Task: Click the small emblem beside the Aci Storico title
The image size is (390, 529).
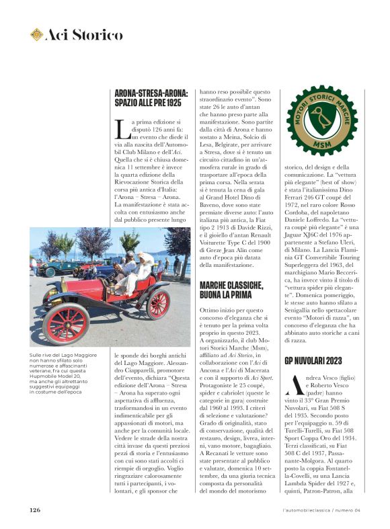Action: pyautogui.click(x=36, y=34)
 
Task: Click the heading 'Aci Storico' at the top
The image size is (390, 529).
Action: pyautogui.click(x=83, y=35)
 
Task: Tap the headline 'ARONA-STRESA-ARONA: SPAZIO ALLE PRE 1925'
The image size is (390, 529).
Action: pyautogui.click(x=151, y=98)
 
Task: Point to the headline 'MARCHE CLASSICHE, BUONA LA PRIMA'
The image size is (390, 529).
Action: pyautogui.click(x=231, y=290)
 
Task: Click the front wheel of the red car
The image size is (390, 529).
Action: pyautogui.click(x=65, y=324)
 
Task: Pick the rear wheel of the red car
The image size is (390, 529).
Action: pyautogui.click(x=158, y=303)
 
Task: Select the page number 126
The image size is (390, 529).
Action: pyautogui.click(x=35, y=510)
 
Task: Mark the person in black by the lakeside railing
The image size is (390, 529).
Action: pyautogui.click(x=177, y=264)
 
